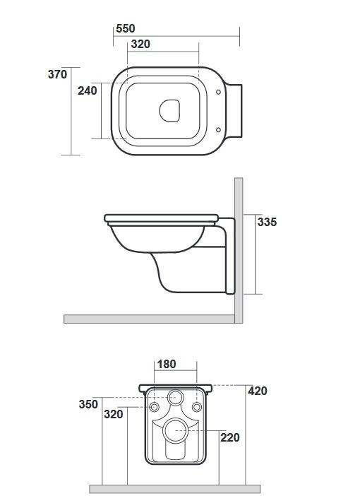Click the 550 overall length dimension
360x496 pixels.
point(125,28)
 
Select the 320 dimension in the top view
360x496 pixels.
point(140,44)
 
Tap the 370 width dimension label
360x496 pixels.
point(57,74)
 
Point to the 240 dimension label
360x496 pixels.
point(87,90)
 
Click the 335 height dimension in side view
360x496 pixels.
point(267,222)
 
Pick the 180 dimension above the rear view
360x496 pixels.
point(166,365)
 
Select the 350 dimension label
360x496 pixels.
point(88,404)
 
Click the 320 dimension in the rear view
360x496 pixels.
point(113,414)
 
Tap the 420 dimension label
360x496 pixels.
point(257,391)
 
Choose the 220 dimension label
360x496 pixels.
point(230,437)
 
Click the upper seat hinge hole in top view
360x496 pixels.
point(219,92)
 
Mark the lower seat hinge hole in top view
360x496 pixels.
point(219,129)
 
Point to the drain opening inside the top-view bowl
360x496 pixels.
point(170,110)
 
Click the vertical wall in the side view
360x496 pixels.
point(239,247)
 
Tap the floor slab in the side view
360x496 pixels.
point(148,319)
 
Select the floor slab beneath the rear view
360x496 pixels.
point(174,488)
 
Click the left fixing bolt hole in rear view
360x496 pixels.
point(154,408)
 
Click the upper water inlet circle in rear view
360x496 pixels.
point(176,397)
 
